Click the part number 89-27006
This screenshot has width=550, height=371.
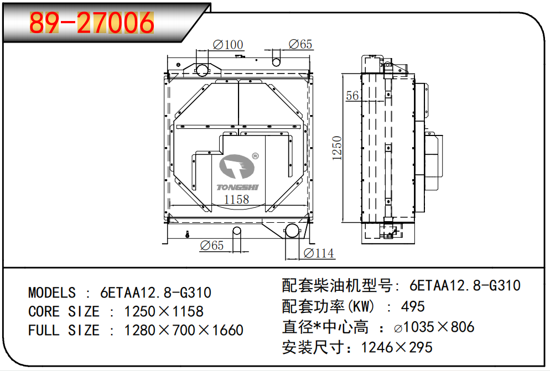[x=92, y=23]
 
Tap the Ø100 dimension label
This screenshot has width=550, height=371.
[x=227, y=45]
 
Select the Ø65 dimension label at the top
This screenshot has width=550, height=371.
[x=300, y=45]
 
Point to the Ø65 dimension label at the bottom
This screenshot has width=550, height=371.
[x=211, y=245]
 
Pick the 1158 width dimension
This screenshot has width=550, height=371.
[x=236, y=200]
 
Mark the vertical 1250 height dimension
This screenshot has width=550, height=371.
[x=338, y=148]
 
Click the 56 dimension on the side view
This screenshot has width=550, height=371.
[x=352, y=96]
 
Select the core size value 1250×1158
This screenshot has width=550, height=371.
[x=164, y=311]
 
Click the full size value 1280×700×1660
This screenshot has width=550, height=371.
[x=184, y=331]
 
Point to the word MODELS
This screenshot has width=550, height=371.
[x=52, y=292]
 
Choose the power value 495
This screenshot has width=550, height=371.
[x=413, y=306]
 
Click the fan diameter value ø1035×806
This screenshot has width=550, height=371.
[x=434, y=327]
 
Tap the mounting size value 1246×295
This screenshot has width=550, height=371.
[x=397, y=347]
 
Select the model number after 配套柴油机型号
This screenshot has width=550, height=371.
[x=465, y=286]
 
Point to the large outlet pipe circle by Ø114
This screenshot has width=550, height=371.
[x=291, y=232]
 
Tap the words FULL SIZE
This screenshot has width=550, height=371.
[x=64, y=331]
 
